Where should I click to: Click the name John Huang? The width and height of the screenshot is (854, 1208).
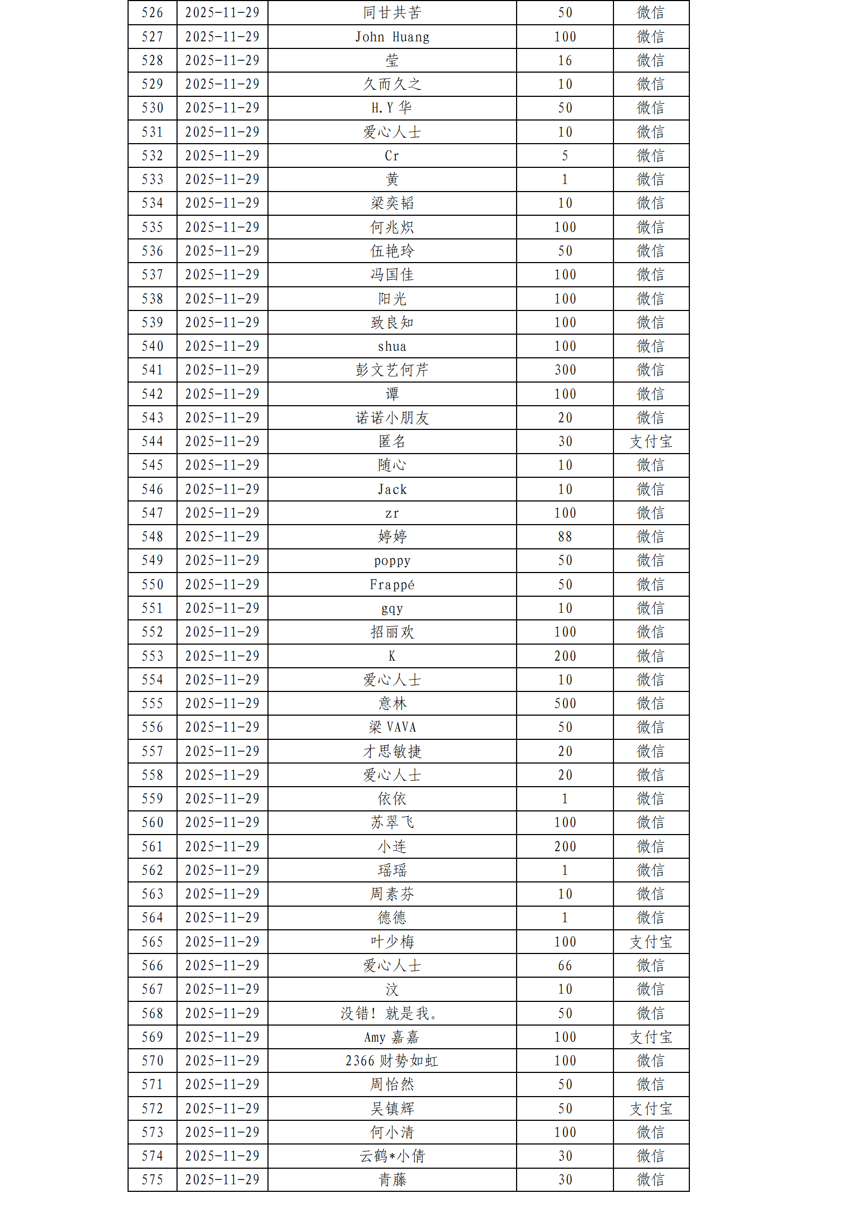pyautogui.click(x=392, y=37)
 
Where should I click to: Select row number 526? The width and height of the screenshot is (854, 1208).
pyautogui.click(x=152, y=13)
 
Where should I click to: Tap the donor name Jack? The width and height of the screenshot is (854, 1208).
pyautogui.click(x=392, y=490)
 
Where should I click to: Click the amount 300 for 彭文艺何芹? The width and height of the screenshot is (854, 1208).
pyautogui.click(x=565, y=370)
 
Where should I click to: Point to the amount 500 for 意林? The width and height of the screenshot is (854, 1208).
pyautogui.click(x=565, y=704)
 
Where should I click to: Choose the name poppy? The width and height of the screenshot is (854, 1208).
pyautogui.click(x=392, y=561)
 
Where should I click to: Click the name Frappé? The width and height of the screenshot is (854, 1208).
pyautogui.click(x=392, y=585)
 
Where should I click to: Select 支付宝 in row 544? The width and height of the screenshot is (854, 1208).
pyautogui.click(x=651, y=442)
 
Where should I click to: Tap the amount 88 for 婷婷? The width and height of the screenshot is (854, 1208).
pyautogui.click(x=565, y=537)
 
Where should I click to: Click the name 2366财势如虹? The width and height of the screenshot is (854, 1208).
pyautogui.click(x=392, y=1061)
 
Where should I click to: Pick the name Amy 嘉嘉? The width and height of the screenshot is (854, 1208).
pyautogui.click(x=392, y=1037)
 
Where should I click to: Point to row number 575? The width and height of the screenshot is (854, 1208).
pyautogui.click(x=152, y=1180)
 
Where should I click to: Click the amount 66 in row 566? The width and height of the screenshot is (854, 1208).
pyautogui.click(x=565, y=966)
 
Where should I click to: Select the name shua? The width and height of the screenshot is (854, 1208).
pyautogui.click(x=392, y=347)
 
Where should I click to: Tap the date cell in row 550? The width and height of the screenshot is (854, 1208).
pyautogui.click(x=222, y=585)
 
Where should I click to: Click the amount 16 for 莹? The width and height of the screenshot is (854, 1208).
pyautogui.click(x=565, y=61)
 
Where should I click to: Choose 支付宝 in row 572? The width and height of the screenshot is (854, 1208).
pyautogui.click(x=651, y=1108)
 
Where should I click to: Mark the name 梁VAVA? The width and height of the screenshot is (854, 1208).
pyautogui.click(x=392, y=727)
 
